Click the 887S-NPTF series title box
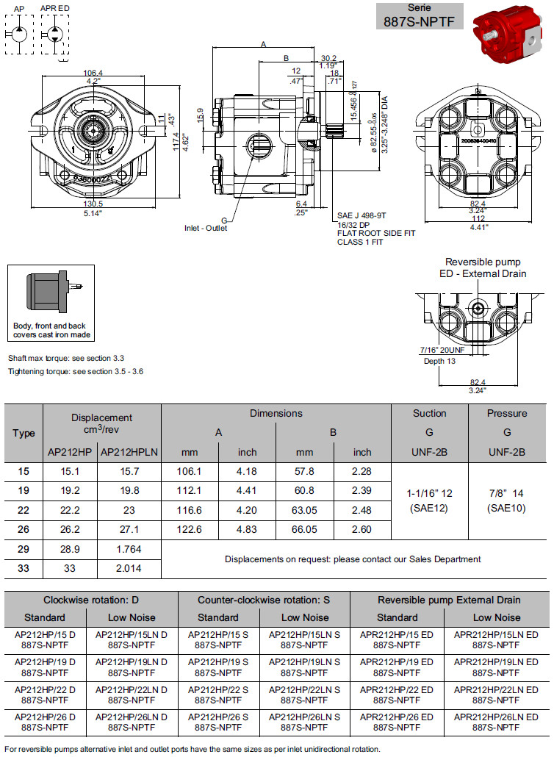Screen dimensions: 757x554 click(421, 15)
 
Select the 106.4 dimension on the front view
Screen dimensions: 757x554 click(93, 73)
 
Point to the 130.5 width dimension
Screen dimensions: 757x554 click(93, 204)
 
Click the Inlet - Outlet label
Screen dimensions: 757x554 click(205, 228)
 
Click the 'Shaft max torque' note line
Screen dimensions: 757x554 click(66, 358)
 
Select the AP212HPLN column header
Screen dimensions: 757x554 click(129, 452)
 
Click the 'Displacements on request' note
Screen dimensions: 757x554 click(353, 559)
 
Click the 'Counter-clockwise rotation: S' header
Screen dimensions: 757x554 click(264, 600)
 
